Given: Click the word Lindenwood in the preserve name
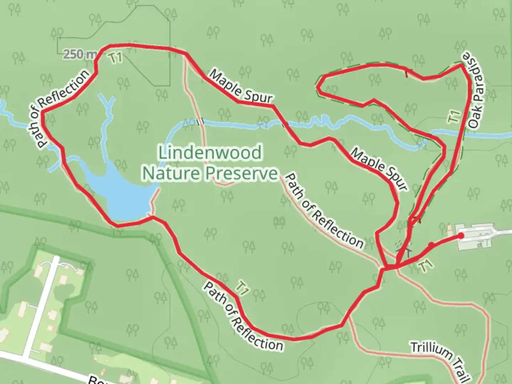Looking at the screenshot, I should coord(210,153).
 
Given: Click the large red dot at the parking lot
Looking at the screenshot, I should coord(461,235).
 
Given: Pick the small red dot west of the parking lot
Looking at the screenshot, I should coord(431,245).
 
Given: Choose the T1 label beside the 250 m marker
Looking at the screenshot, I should coord(116,58).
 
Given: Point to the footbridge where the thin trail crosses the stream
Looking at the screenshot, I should coord(200,122).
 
